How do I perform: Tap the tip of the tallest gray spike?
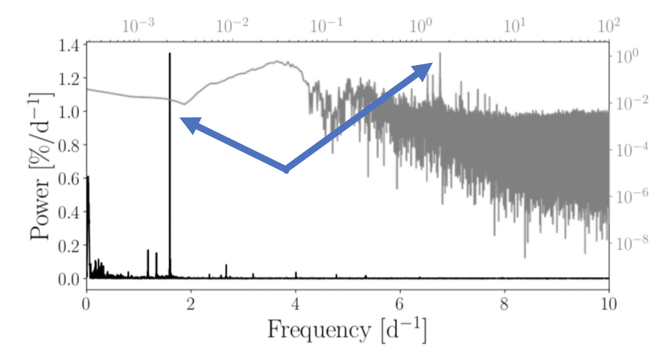440,53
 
